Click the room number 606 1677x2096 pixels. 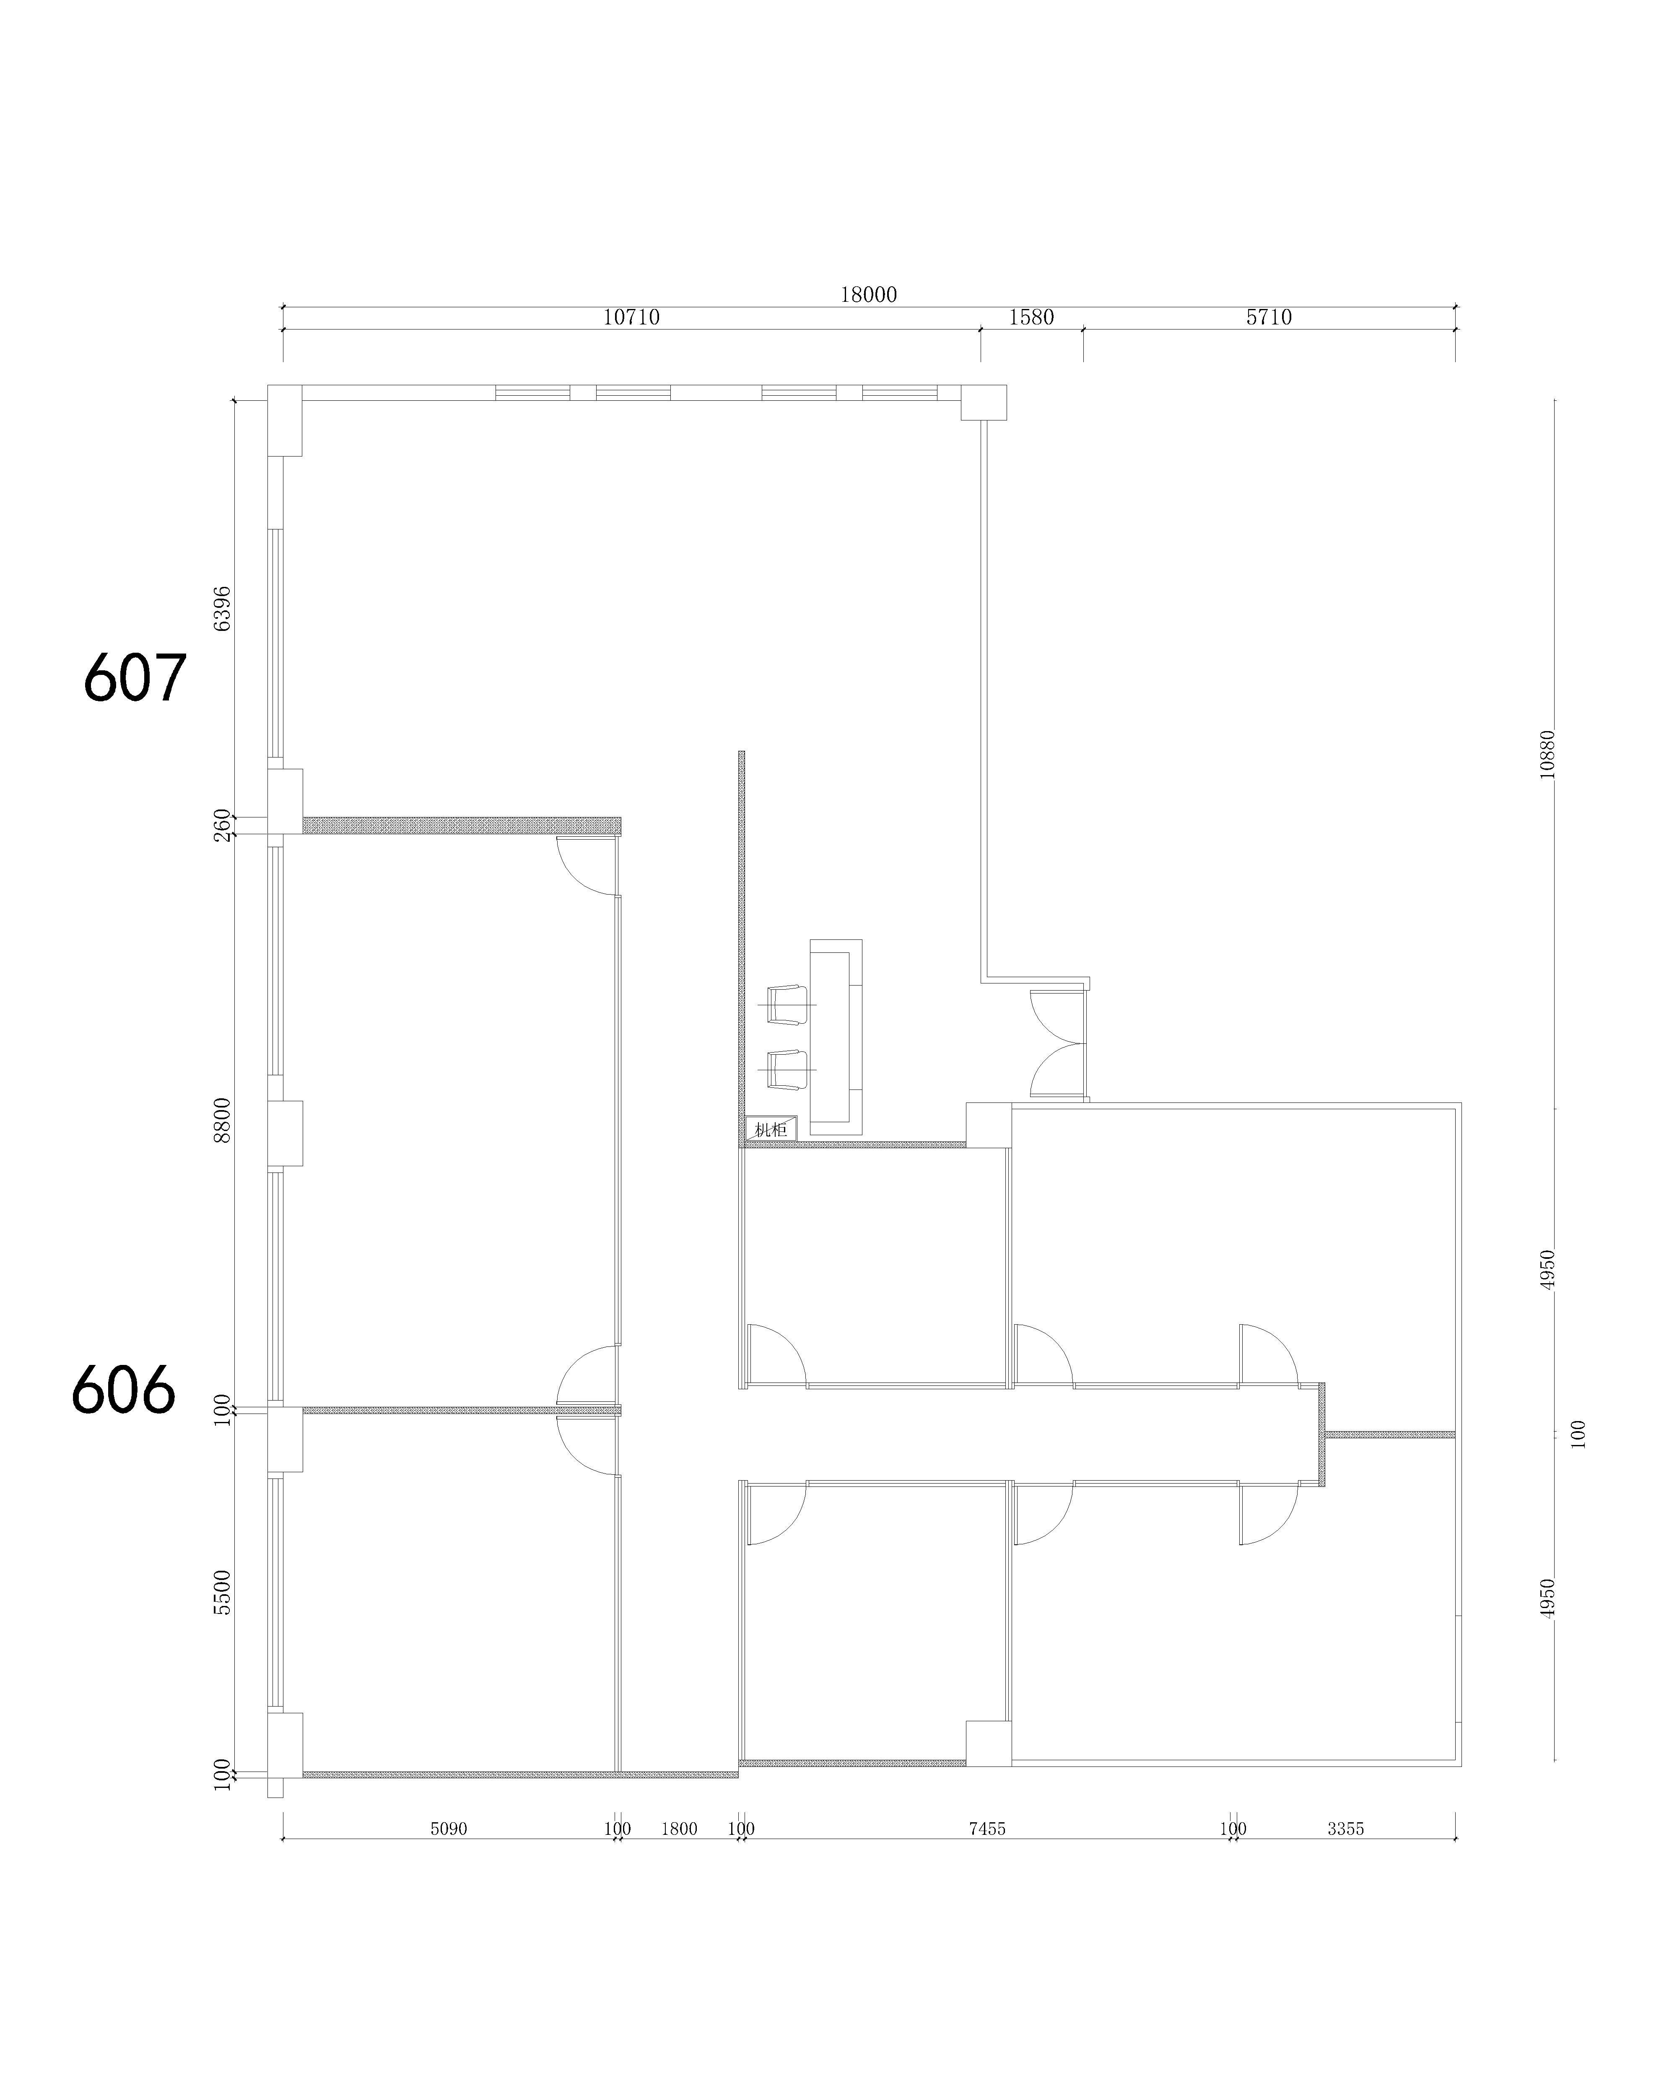pyautogui.click(x=123, y=1388)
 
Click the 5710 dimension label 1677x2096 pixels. pyautogui.click(x=1269, y=317)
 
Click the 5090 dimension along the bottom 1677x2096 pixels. pyautogui.click(x=448, y=1829)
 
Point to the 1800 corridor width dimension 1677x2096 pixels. pyautogui.click(x=679, y=1829)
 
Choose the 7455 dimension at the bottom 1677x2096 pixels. pyautogui.click(x=987, y=1829)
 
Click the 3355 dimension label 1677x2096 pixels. pyautogui.click(x=1345, y=1829)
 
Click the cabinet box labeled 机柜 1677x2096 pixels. pyautogui.click(x=771, y=1128)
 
